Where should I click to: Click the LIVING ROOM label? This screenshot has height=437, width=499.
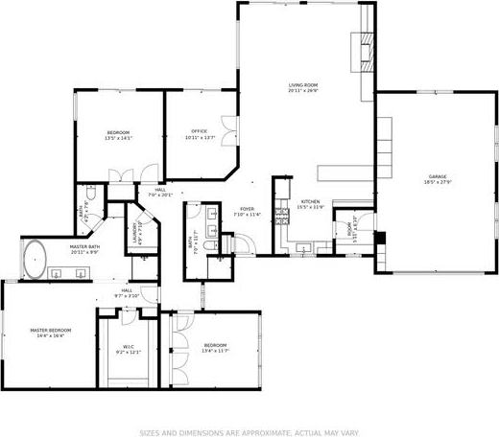click(x=303, y=85)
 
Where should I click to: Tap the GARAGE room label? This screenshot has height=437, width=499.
click(x=439, y=176)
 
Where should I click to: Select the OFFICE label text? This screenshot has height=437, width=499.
click(x=199, y=131)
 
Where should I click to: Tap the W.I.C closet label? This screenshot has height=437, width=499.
click(x=129, y=347)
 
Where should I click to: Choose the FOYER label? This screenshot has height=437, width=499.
click(x=247, y=209)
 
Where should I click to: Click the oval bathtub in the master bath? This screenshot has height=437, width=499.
click(x=36, y=258)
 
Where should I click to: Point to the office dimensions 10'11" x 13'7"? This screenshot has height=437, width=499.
click(x=199, y=137)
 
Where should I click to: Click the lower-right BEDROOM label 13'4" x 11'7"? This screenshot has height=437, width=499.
click(x=215, y=345)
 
